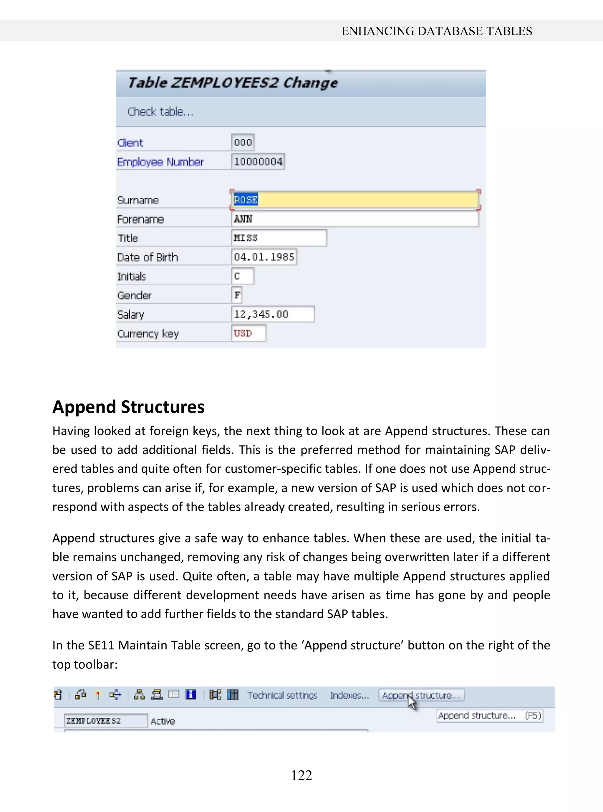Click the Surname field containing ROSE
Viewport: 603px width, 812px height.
[x=355, y=200]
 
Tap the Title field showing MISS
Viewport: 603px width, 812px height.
[x=279, y=238]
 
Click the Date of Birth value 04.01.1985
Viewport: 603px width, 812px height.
[x=264, y=257]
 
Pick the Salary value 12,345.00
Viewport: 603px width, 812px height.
[x=273, y=314]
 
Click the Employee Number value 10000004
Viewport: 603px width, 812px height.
[x=258, y=161]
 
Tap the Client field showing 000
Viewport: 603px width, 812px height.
[x=243, y=142]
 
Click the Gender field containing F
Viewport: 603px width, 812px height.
[x=237, y=295]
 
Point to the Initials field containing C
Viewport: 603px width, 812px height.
[x=242, y=276]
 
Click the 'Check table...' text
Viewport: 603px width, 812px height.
[x=160, y=112]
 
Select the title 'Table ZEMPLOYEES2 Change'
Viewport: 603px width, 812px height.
[x=233, y=83]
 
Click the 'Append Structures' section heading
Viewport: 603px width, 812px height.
[x=128, y=407]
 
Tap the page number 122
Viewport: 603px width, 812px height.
[x=301, y=775]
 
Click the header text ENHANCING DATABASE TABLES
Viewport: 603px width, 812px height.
[x=437, y=31]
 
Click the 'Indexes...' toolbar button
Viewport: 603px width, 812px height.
[x=349, y=695]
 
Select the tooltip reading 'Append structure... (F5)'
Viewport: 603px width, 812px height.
[x=489, y=716]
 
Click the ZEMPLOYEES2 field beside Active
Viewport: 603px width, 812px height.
[x=105, y=721]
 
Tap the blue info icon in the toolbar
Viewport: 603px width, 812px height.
[x=191, y=694]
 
